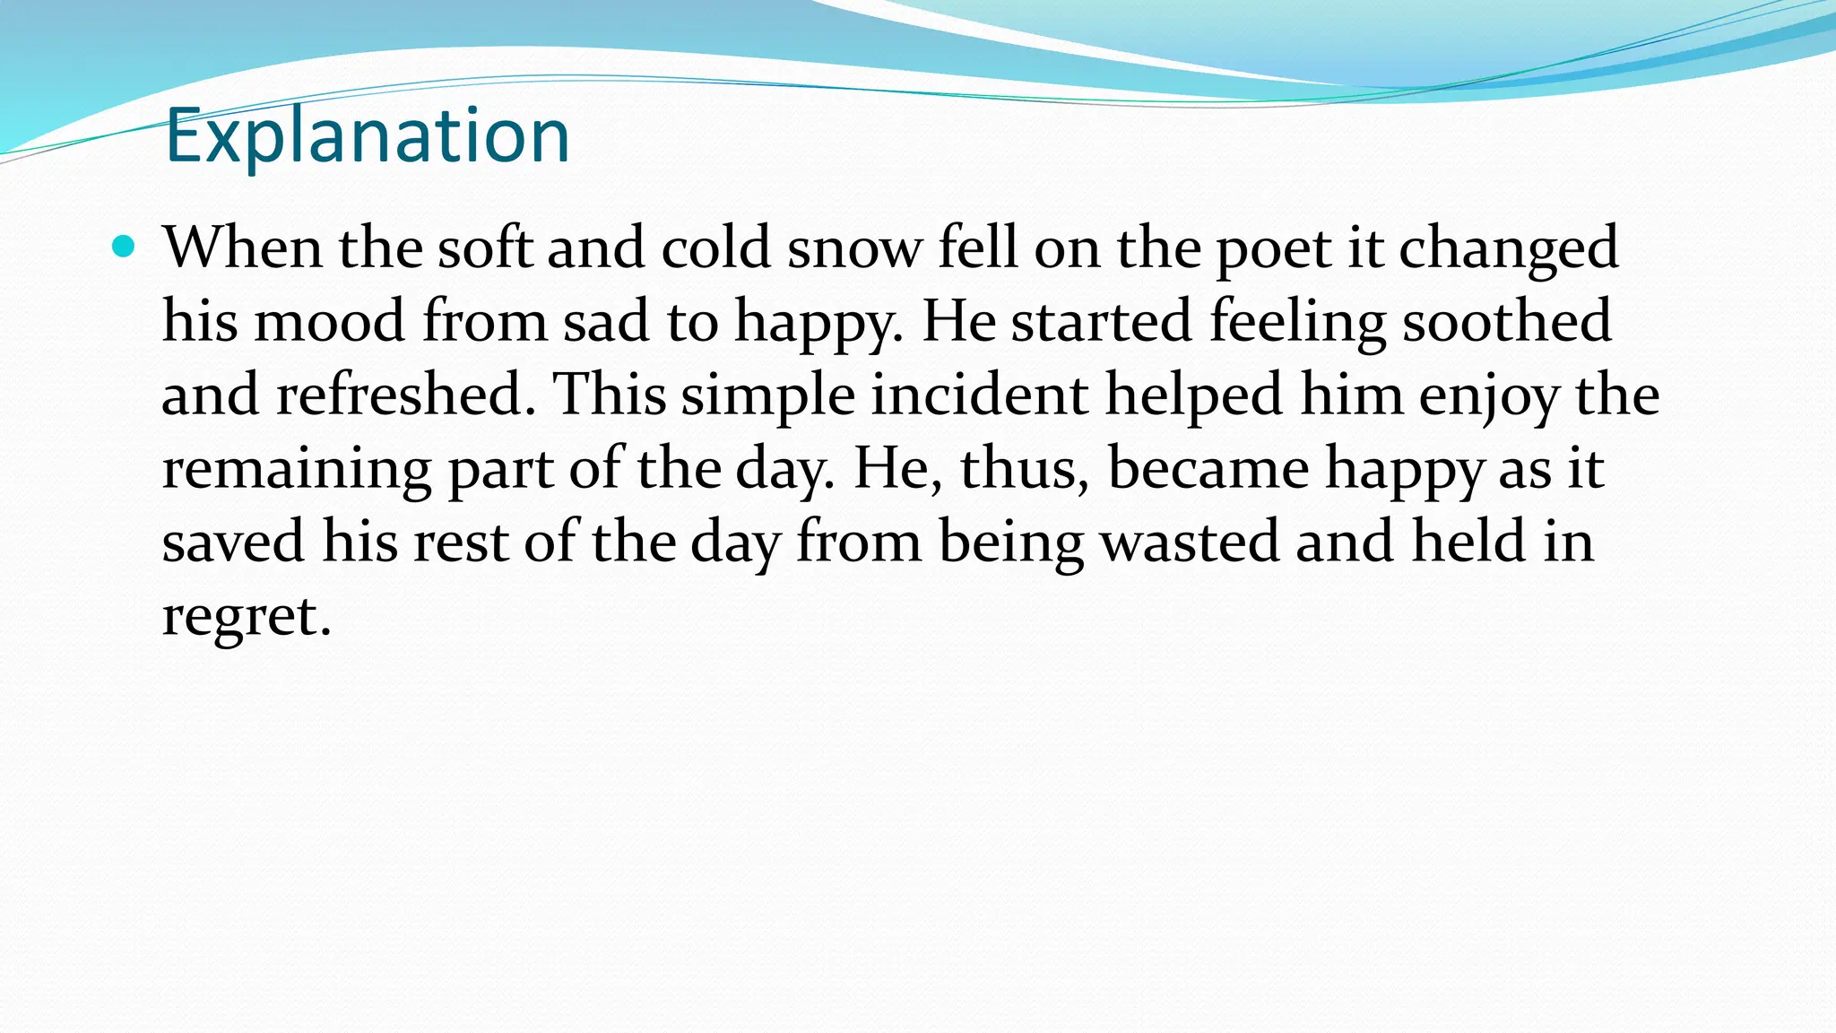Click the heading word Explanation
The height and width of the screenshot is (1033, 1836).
(368, 136)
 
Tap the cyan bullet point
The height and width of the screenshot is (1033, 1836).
(124, 246)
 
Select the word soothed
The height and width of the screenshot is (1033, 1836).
(1506, 321)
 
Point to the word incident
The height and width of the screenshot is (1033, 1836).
(979, 395)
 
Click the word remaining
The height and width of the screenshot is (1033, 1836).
(296, 470)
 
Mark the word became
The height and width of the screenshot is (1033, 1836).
(1208, 468)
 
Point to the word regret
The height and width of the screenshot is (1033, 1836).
(246, 617)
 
